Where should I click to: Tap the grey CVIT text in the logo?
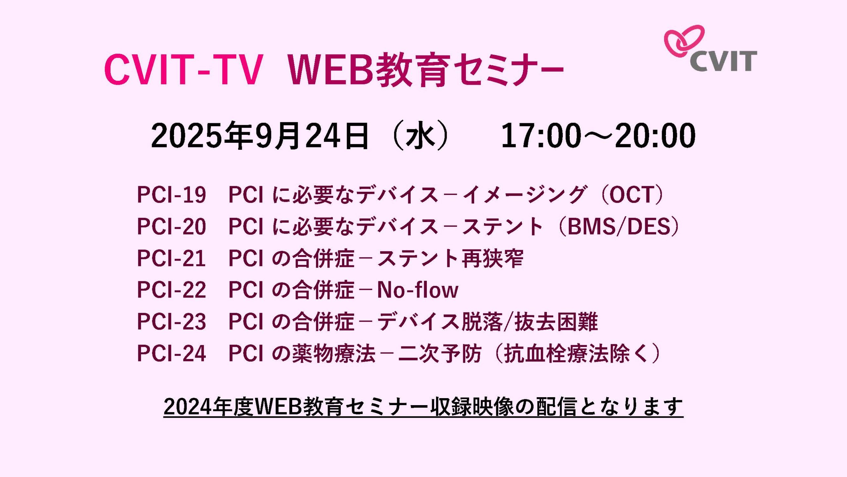pyautogui.click(x=724, y=61)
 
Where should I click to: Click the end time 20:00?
pyautogui.click(x=655, y=135)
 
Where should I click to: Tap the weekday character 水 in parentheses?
pyautogui.click(x=420, y=135)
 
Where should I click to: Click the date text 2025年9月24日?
pyautogui.click(x=260, y=135)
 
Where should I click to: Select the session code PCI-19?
pyautogui.click(x=171, y=194)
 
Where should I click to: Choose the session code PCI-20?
pyautogui.click(x=171, y=227)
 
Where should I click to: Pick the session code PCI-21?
pyautogui.click(x=171, y=258)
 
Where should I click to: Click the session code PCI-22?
pyautogui.click(x=171, y=290)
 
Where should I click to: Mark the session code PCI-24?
pyautogui.click(x=171, y=353)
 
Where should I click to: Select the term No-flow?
pyautogui.click(x=418, y=290)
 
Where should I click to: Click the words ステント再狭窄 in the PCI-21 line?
pyautogui.click(x=450, y=258)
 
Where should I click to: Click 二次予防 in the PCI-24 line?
pyautogui.click(x=440, y=353)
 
